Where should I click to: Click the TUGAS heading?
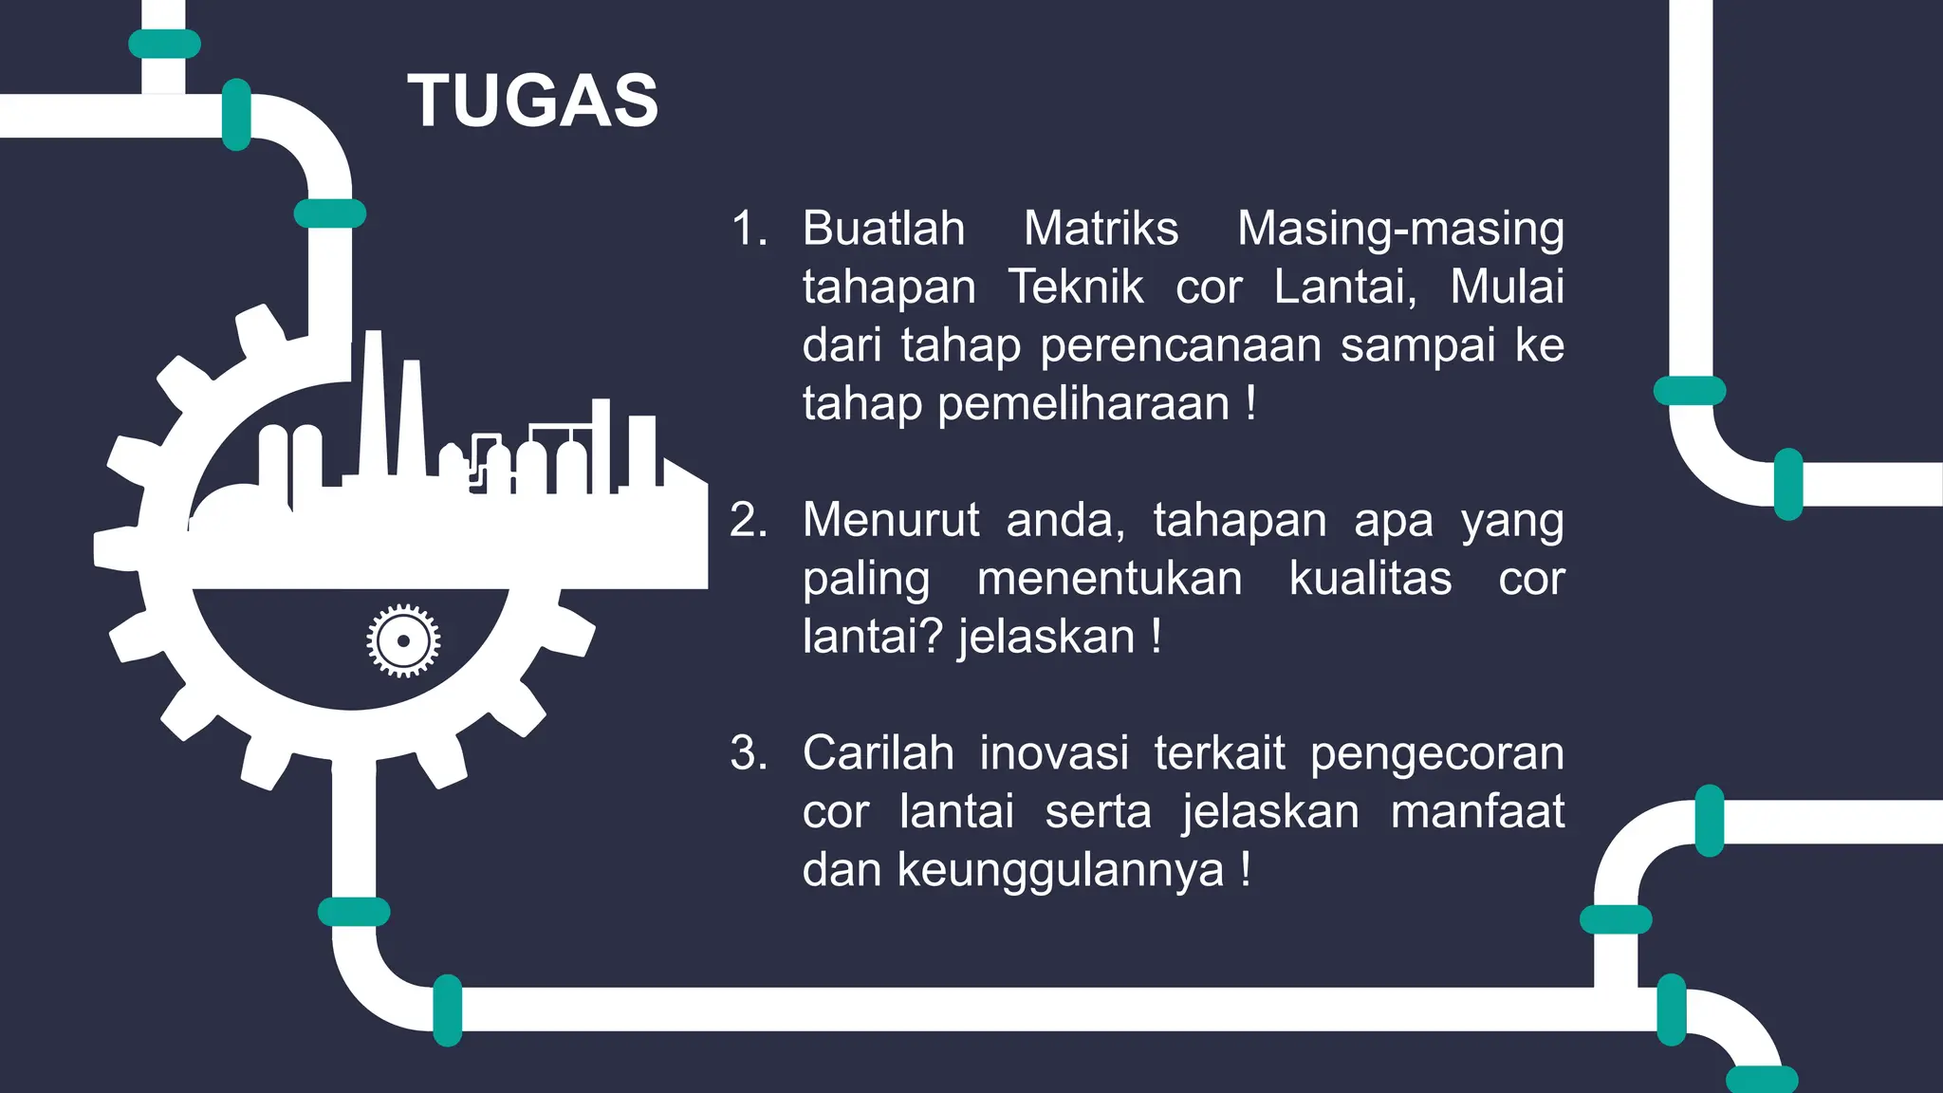(533, 101)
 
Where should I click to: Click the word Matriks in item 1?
(1101, 229)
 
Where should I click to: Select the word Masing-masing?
(1400, 229)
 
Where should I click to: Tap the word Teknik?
(1075, 287)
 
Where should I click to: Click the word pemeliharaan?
(1083, 404)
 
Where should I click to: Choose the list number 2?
(748, 521)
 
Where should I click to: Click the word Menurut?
(890, 521)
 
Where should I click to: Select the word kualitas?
(1370, 579)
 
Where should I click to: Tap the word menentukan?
(1109, 579)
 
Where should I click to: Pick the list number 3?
(748, 754)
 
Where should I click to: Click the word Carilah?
(878, 754)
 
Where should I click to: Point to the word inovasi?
(1054, 754)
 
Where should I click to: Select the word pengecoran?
(1436, 754)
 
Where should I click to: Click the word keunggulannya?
(1061, 871)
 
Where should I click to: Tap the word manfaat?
(1477, 813)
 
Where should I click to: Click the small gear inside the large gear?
(403, 640)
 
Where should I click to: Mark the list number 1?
(748, 229)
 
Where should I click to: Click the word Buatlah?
(883, 229)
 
